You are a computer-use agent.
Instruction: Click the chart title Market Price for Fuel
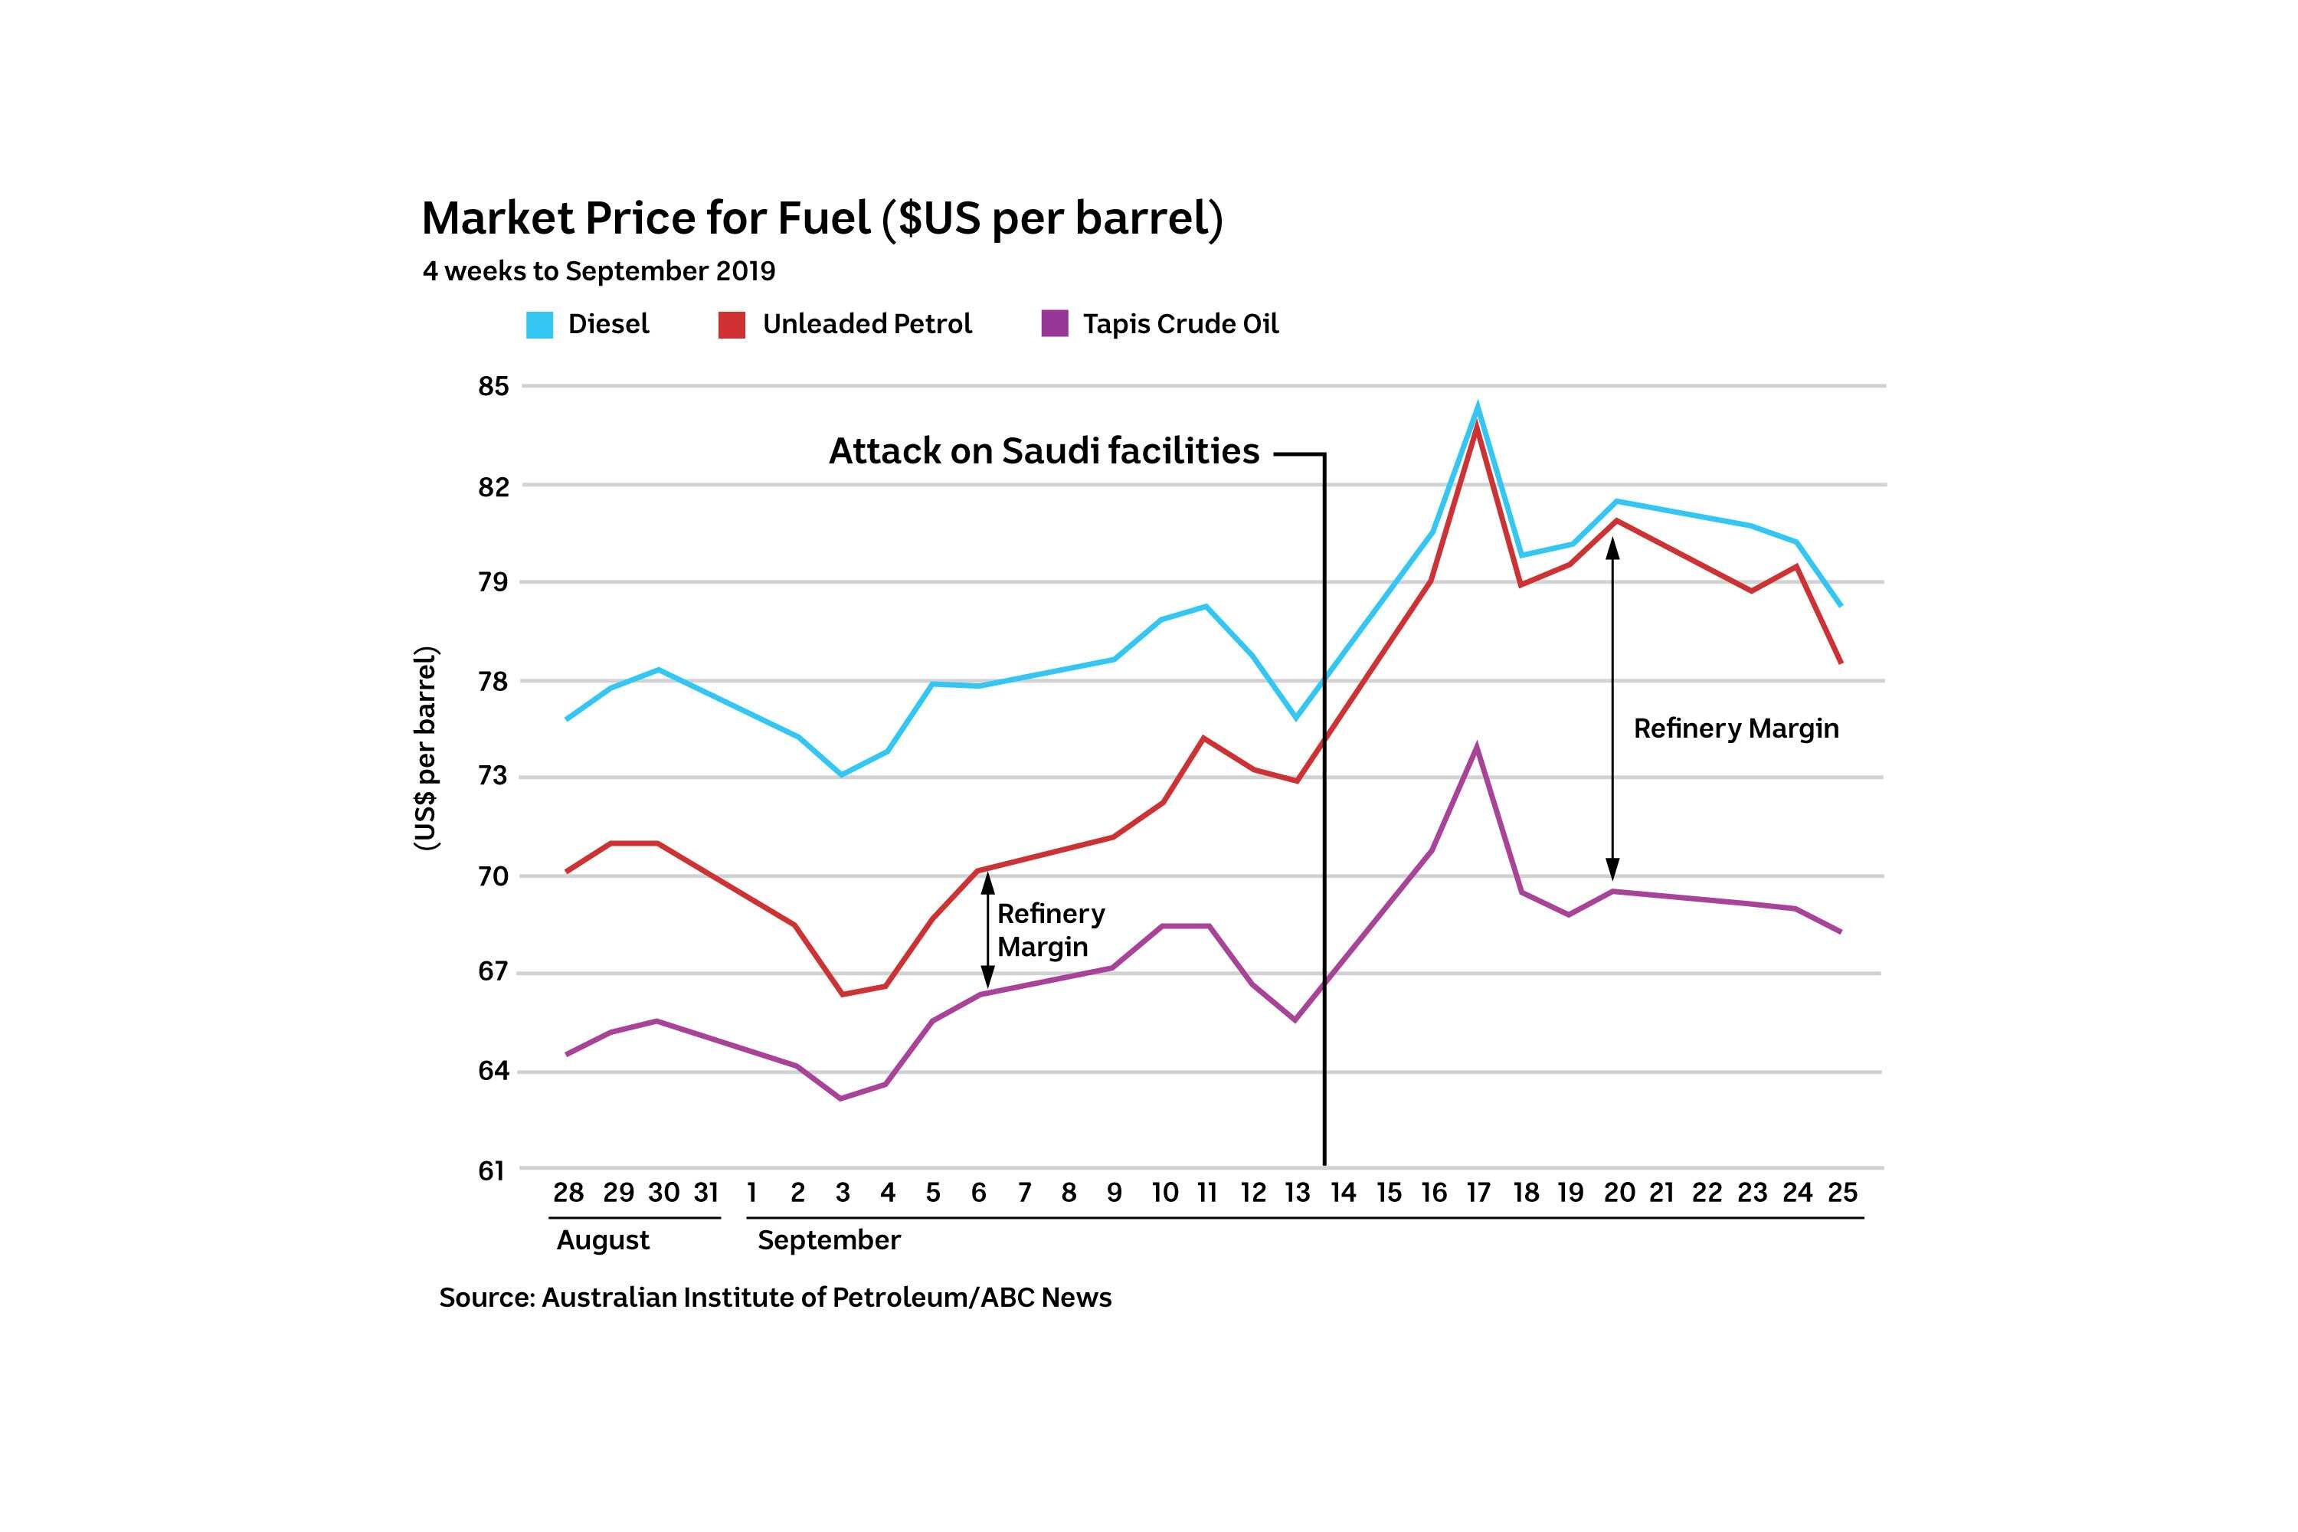[x=820, y=218]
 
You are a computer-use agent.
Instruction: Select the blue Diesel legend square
[x=539, y=324]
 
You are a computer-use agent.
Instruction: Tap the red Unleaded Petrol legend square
[x=731, y=324]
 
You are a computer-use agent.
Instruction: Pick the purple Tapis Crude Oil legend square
[x=1054, y=323]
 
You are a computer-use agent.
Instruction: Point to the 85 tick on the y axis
[x=493, y=387]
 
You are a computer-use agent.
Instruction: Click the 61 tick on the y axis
[x=493, y=1170]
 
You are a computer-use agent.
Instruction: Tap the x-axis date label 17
[x=1478, y=1193]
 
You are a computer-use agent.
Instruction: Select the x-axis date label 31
[x=705, y=1193]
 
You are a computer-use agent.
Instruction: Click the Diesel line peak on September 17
[x=1478, y=407]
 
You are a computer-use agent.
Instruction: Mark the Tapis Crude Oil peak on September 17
[x=1476, y=748]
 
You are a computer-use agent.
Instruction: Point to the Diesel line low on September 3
[x=841, y=774]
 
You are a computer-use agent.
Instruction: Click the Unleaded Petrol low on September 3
[x=841, y=994]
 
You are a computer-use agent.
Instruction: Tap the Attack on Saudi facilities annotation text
[x=1043, y=451]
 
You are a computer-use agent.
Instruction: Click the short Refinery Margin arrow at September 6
[x=987, y=930]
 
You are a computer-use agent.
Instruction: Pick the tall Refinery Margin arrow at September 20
[x=1612, y=709]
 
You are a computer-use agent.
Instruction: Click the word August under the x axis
[x=603, y=1241]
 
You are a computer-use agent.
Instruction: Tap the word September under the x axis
[x=829, y=1241]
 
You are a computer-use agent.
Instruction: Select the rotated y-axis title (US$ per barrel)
[x=427, y=748]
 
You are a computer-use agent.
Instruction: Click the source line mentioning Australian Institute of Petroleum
[x=774, y=1298]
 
